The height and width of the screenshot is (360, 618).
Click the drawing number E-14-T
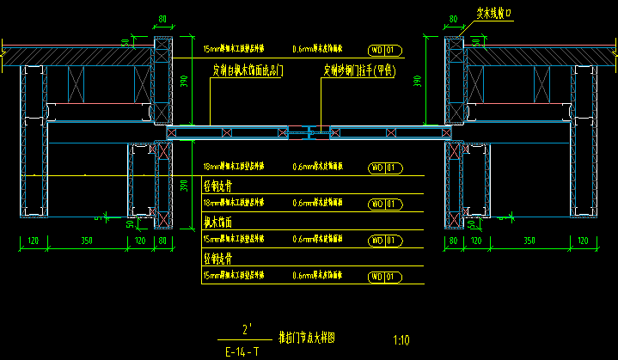click(242, 351)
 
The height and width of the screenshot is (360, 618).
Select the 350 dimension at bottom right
click(529, 241)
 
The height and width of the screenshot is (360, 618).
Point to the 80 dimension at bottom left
click(162, 241)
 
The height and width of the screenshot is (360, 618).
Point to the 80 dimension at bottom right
click(454, 241)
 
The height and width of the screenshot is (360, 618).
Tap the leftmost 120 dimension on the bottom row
click(33, 241)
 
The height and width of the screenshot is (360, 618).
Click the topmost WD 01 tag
click(382, 50)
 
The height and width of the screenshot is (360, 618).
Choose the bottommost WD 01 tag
click(382, 276)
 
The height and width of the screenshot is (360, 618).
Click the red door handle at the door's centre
click(310, 132)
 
